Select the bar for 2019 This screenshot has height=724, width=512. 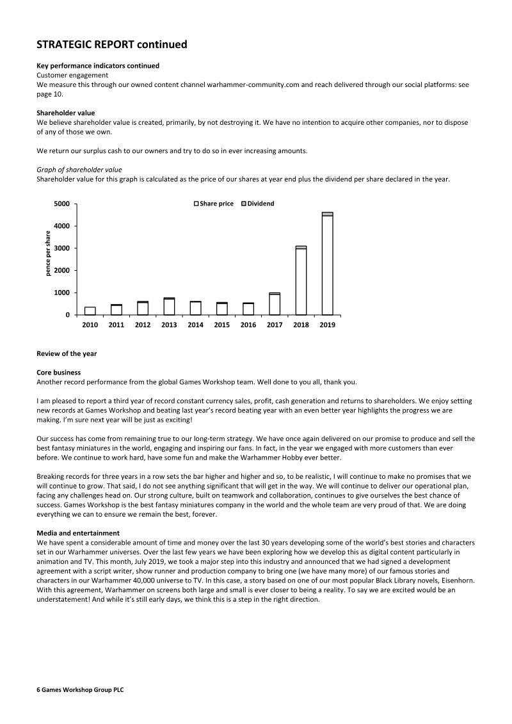pyautogui.click(x=327, y=264)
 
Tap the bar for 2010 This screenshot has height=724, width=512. pyautogui.click(x=90, y=311)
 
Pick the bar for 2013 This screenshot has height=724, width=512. pyautogui.click(x=169, y=307)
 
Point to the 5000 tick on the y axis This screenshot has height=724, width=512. pyautogui.click(x=62, y=204)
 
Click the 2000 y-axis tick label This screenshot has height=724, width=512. pyautogui.click(x=62, y=271)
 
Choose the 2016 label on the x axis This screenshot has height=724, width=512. pyautogui.click(x=248, y=325)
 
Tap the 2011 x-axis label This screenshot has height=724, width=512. pyautogui.click(x=116, y=325)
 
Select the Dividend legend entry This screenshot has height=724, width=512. pyautogui.click(x=257, y=204)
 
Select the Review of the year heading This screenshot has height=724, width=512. pyautogui.click(x=67, y=353)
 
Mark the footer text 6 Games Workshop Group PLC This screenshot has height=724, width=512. pyautogui.click(x=80, y=691)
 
